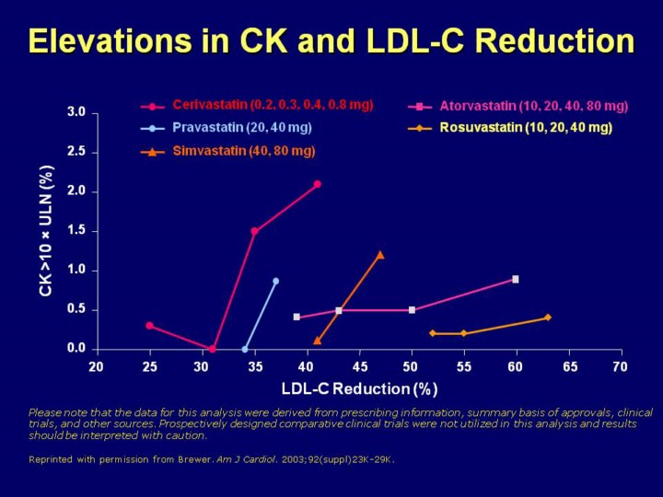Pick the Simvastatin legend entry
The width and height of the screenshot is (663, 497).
(x=244, y=150)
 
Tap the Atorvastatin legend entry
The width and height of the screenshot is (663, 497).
(x=533, y=106)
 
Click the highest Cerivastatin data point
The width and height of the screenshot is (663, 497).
(x=318, y=184)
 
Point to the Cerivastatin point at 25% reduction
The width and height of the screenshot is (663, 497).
(x=149, y=325)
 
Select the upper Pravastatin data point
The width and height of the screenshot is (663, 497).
(x=275, y=281)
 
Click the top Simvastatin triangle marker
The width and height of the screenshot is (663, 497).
(x=380, y=255)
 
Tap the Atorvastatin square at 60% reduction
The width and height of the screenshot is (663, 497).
(x=516, y=279)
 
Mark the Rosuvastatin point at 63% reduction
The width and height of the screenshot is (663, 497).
(x=547, y=318)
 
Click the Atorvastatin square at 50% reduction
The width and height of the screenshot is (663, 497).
(x=412, y=310)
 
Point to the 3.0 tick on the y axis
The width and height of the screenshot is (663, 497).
(x=77, y=112)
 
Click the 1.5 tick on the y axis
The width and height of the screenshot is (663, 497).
(x=77, y=231)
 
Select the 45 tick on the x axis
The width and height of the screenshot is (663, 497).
(x=358, y=367)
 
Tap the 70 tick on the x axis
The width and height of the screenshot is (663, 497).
(x=620, y=367)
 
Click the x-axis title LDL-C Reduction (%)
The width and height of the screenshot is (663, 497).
(x=359, y=388)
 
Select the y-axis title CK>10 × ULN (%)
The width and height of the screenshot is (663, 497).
(x=46, y=231)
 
